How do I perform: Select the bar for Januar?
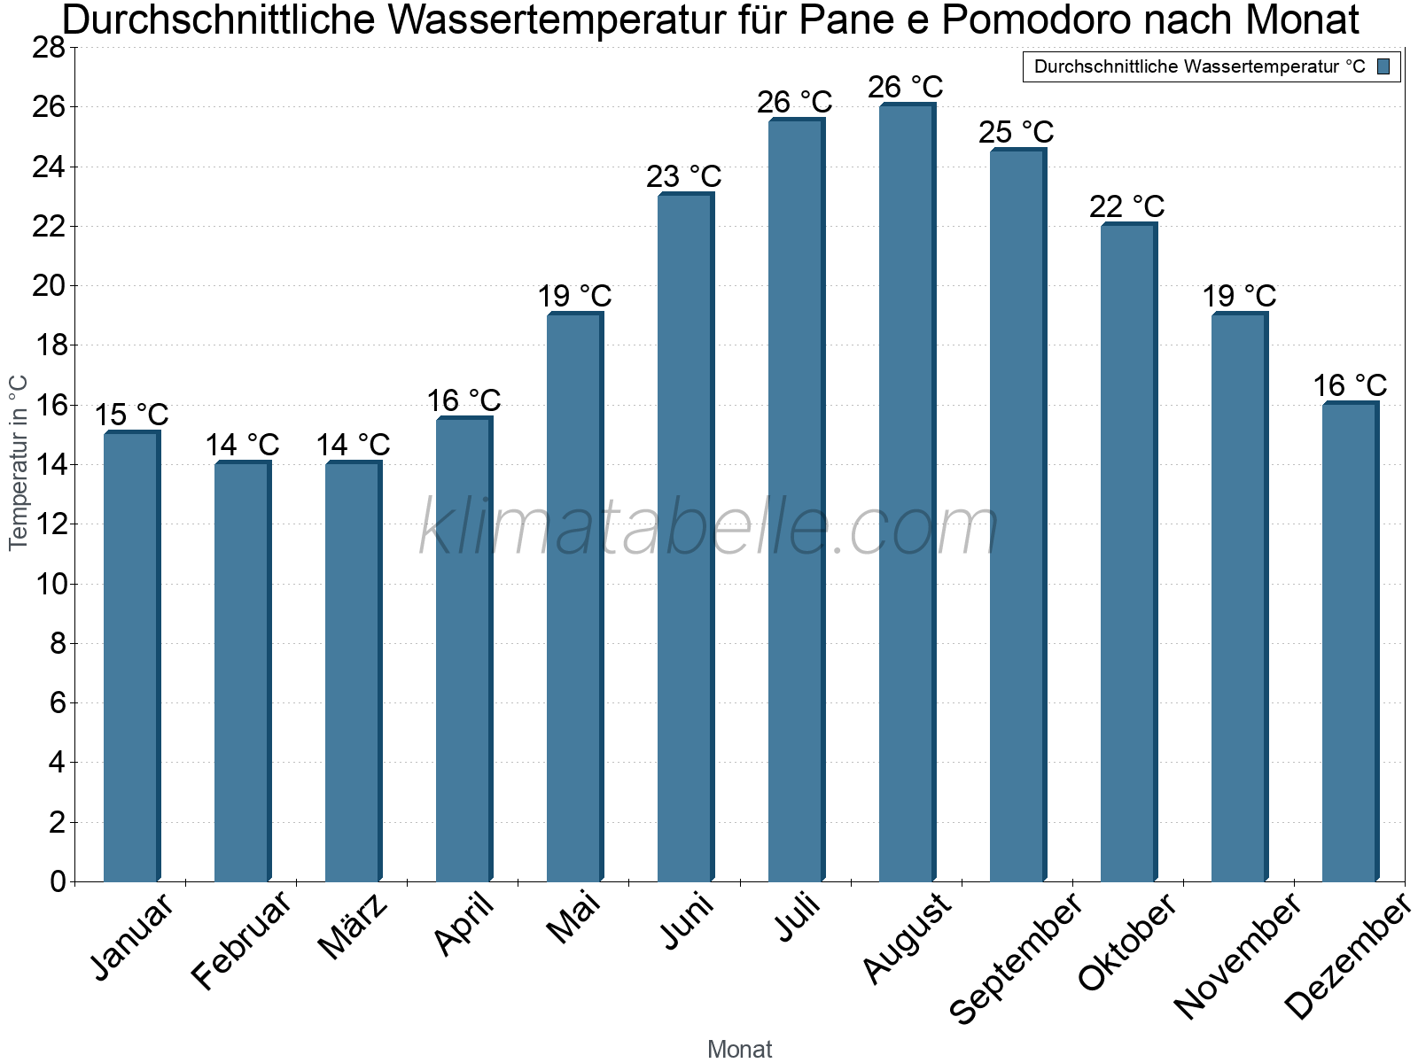[x=131, y=656]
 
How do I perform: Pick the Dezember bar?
[x=1350, y=641]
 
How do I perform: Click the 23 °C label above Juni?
[x=683, y=176]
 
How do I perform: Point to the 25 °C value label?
[x=1016, y=132]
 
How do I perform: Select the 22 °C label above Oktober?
[x=1126, y=206]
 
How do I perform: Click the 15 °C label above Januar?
[x=131, y=415]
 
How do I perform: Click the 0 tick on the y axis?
[x=58, y=881]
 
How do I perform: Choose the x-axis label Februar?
[x=241, y=940]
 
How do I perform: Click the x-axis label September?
[x=1016, y=957]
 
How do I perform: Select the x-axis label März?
[x=353, y=927]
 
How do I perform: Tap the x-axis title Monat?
[x=739, y=1050]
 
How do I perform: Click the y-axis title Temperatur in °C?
[x=19, y=462]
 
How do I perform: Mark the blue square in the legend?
[x=1383, y=66]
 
